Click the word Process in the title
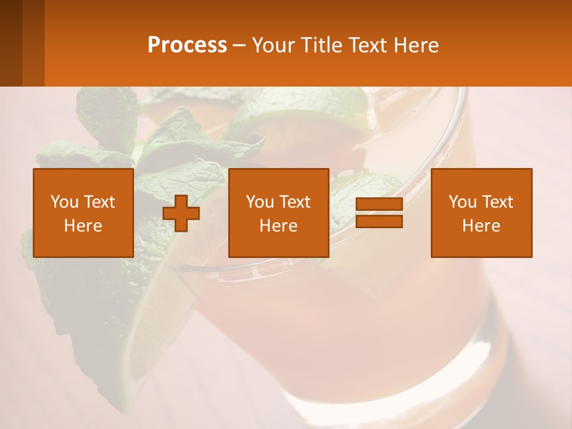tap(187, 45)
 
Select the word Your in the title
tap(273, 45)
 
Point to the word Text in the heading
tap(368, 45)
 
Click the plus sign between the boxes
tap(181, 213)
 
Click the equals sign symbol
tap(379, 213)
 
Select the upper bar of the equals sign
tap(379, 204)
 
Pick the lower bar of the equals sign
tap(379, 221)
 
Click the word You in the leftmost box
tap(64, 202)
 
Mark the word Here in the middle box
tap(279, 226)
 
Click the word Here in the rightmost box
tap(481, 226)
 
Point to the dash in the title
tap(239, 46)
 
